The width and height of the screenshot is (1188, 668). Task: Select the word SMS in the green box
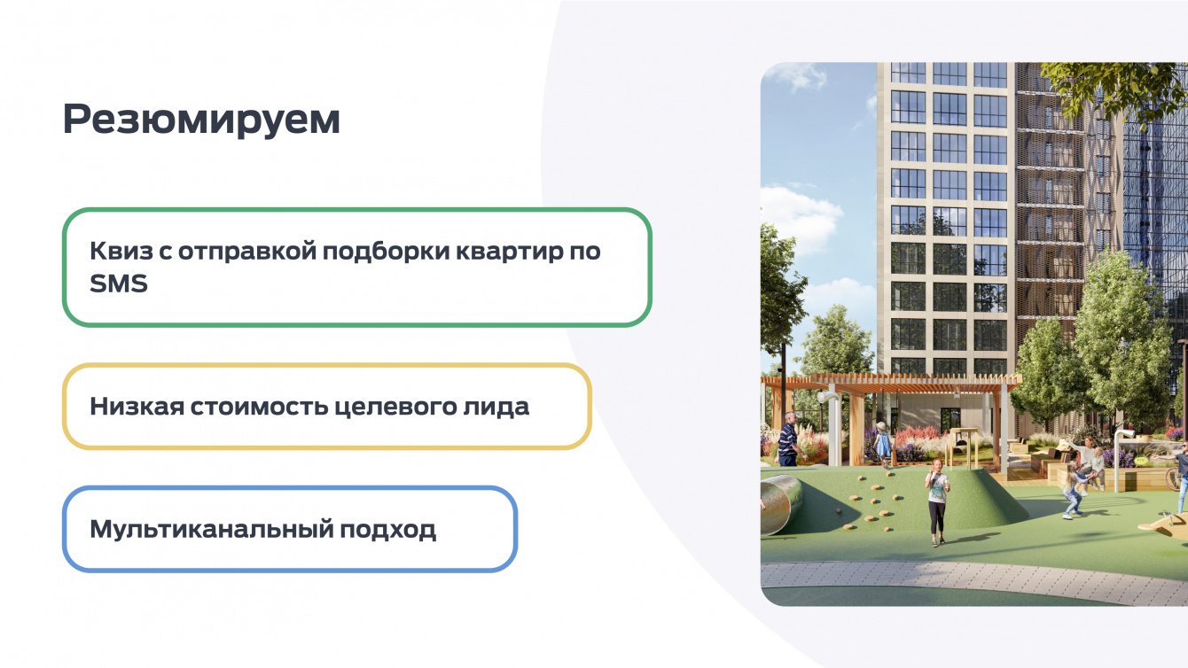(118, 284)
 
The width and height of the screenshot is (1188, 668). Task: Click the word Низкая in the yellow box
(137, 407)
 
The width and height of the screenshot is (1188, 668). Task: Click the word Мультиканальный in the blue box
(210, 530)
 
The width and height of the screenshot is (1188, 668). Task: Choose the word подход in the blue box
(387, 530)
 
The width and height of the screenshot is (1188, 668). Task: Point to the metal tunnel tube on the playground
(781, 503)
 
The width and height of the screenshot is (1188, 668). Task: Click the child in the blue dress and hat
(882, 444)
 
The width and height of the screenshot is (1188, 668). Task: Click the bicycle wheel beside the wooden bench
(1173, 478)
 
